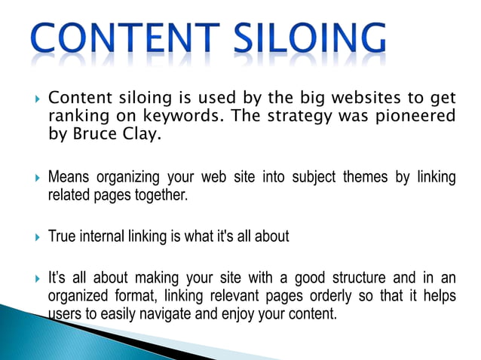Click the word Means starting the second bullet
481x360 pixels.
pyautogui.click(x=69, y=178)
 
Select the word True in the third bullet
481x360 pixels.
pyautogui.click(x=62, y=236)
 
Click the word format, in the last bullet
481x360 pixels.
pyautogui.click(x=131, y=296)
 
